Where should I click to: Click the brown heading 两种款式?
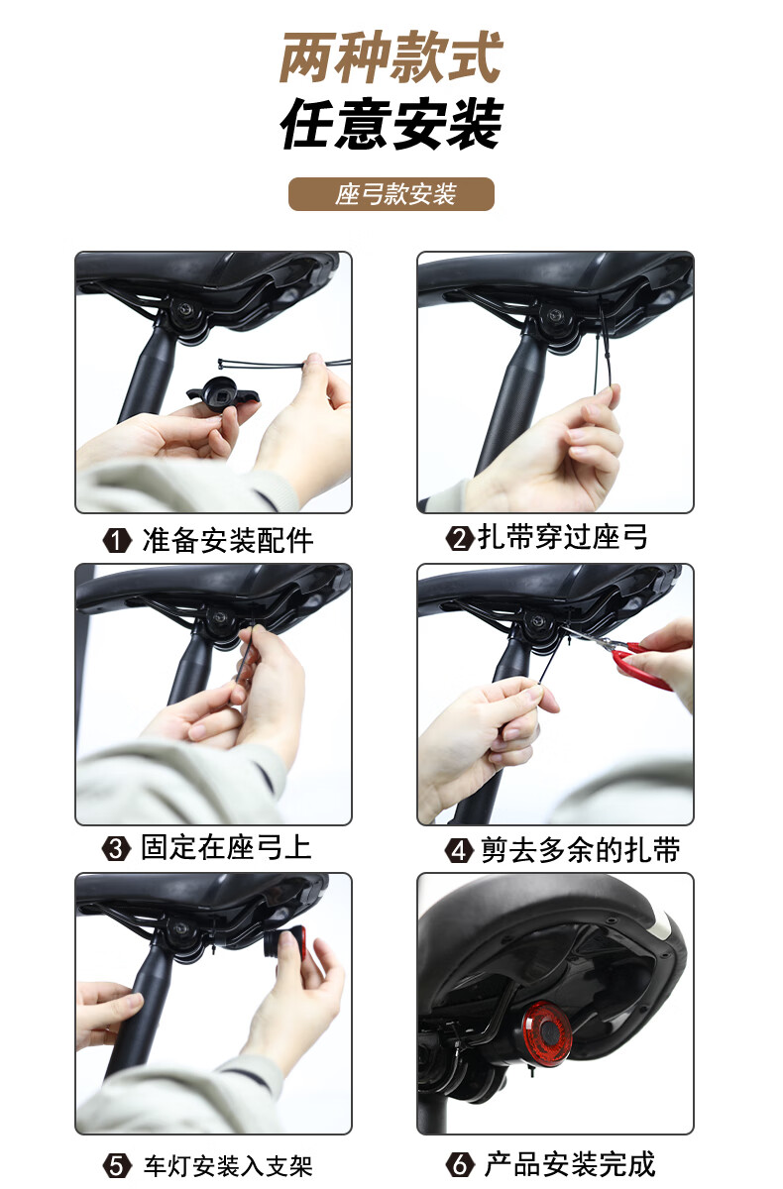(391, 56)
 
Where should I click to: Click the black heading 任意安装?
(391, 123)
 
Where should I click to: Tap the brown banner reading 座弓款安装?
(391, 194)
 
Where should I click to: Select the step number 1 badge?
(117, 541)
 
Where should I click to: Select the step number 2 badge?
(459, 538)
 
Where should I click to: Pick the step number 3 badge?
(116, 848)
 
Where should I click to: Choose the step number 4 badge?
(459, 851)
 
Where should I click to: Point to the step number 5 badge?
(117, 1165)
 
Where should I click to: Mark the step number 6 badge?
(460, 1164)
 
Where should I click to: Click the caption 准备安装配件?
(228, 541)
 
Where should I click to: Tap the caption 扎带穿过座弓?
(563, 537)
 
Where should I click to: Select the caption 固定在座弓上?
(226, 847)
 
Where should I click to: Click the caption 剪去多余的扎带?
(580, 850)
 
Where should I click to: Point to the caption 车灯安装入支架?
(228, 1165)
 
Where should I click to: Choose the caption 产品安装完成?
(570, 1164)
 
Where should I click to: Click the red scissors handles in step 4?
(641, 665)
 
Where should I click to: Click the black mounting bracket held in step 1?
(223, 392)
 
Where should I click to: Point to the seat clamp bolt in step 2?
(555, 315)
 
